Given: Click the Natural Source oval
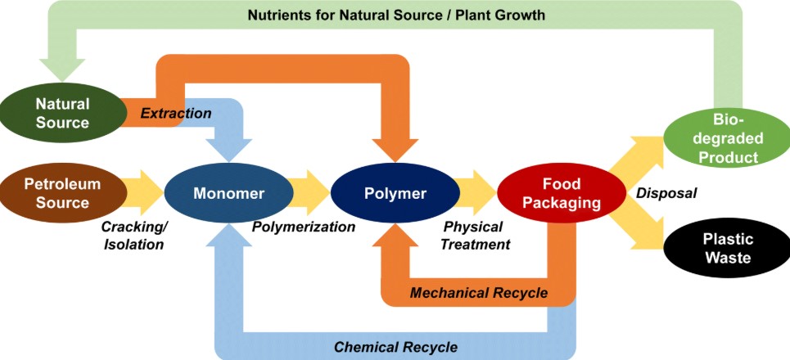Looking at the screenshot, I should coord(62,113).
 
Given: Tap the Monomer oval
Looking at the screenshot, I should coord(228,194).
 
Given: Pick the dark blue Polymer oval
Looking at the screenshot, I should coord(395,194).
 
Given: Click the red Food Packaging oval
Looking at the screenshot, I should coord(561,193).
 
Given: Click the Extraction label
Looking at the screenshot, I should coord(175,113).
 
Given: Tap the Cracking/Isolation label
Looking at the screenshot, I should coord(133,235).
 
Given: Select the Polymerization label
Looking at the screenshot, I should coord(304,227).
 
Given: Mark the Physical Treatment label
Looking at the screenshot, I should coord(476,235).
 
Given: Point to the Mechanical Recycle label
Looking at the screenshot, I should coord(479,292).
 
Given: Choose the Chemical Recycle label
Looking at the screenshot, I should coord(395,346).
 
